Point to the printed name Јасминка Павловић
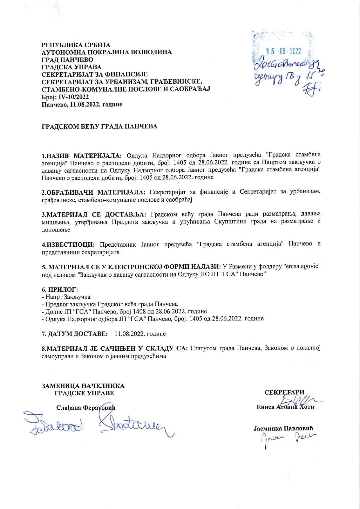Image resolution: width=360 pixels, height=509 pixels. tap(284, 428)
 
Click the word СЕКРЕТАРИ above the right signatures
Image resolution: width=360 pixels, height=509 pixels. tap(285, 393)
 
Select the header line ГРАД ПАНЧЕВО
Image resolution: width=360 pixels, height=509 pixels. tap(68, 60)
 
